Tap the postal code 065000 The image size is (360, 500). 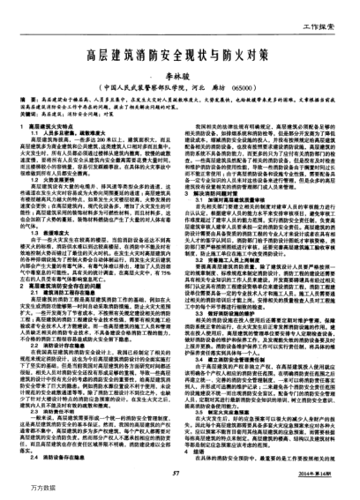click(x=248, y=89)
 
